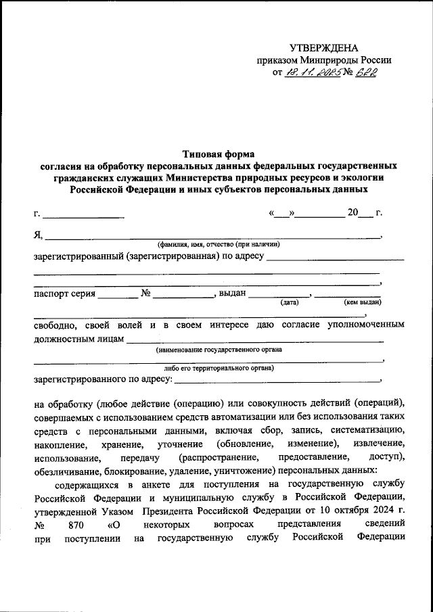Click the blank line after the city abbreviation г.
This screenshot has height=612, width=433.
83,216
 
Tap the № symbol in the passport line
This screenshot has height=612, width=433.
146,293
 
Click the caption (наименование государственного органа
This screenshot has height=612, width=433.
219,350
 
